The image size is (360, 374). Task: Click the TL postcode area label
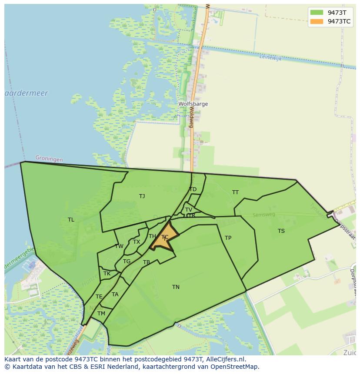pos(71,220)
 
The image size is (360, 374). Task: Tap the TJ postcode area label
pos(142,196)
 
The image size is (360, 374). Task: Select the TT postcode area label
pos(235,192)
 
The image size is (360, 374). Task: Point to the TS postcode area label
pos(281,231)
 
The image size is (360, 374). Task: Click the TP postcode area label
pos(228,238)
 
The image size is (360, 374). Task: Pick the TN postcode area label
pos(176,287)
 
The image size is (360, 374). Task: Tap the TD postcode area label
pos(193,189)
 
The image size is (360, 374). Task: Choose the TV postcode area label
pos(189,210)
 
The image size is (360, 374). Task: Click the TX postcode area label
pos(137,242)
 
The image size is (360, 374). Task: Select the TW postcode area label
pos(119,246)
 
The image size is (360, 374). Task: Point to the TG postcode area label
pos(127,261)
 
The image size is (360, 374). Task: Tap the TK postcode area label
pos(107,274)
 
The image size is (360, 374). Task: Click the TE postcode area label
pos(99,297)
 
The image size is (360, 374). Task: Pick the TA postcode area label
pos(115,295)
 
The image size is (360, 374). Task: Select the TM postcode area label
pos(101,314)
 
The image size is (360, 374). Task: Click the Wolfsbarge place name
pos(193,104)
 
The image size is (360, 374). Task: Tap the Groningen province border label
pos(49,159)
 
